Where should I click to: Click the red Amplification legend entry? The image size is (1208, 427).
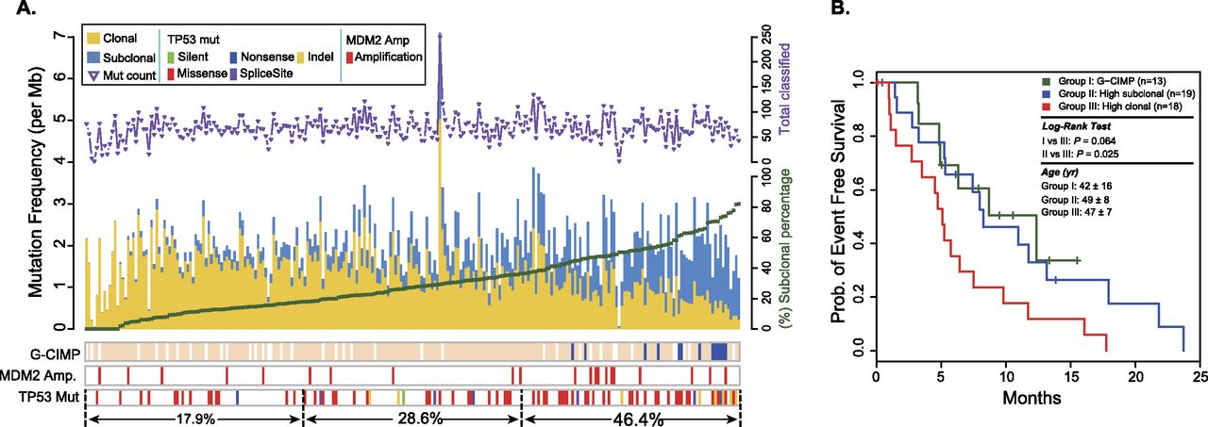click(384, 57)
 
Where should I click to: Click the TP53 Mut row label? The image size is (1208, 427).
click(47, 396)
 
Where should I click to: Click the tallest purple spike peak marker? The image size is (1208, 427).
click(440, 36)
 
